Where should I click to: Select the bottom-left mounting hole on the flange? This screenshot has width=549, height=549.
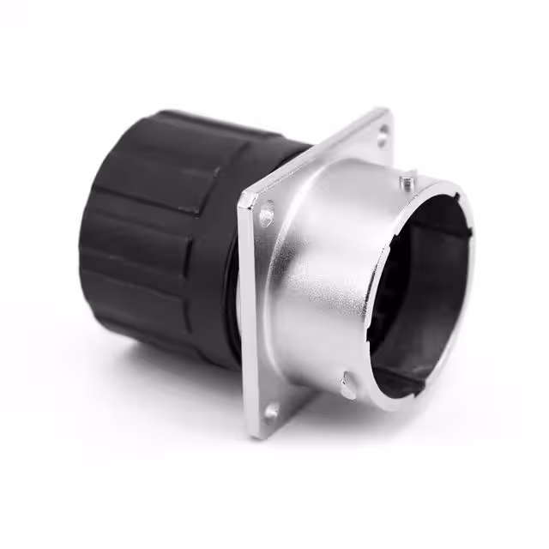pyautogui.click(x=273, y=413)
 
